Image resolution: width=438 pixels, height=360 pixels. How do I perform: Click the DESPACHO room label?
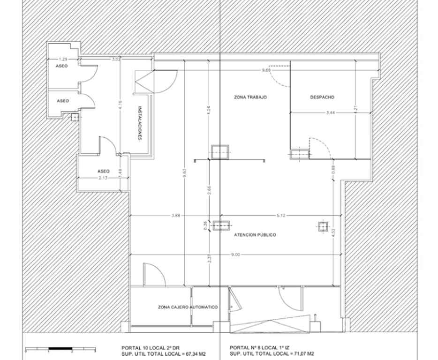[322, 97]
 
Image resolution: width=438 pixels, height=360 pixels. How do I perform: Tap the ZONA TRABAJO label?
[250, 97]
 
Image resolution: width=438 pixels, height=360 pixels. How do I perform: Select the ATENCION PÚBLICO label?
[255, 235]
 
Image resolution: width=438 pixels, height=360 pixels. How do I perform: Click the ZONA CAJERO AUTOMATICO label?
[188, 307]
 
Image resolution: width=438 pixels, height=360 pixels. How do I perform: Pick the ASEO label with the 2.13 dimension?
[103, 171]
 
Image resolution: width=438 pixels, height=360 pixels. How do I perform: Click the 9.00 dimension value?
[236, 255]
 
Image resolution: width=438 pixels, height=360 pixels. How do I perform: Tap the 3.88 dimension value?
[176, 215]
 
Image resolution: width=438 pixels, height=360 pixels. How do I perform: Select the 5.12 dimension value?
[281, 215]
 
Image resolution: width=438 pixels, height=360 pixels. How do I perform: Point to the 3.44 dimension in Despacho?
[331, 113]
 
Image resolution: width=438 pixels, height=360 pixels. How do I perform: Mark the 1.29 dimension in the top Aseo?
[63, 59]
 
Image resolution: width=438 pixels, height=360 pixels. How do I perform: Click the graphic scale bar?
[60, 349]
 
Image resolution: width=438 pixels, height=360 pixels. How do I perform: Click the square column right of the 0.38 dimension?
[221, 225]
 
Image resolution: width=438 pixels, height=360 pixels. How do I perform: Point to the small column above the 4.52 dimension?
[323, 227]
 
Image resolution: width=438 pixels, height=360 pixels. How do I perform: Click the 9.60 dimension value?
[266, 70]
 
